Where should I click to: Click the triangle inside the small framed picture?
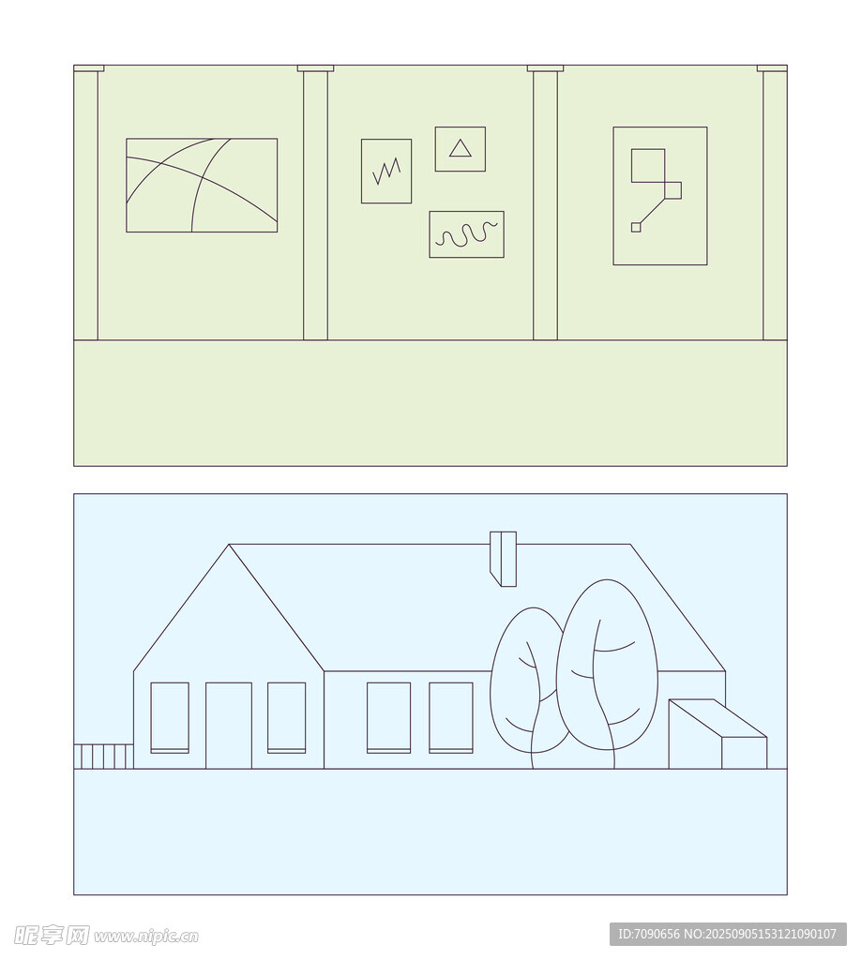461,149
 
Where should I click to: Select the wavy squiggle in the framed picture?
466,234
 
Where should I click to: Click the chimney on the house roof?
504,559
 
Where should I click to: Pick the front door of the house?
229,726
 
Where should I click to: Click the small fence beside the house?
103,757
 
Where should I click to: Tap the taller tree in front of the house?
606,673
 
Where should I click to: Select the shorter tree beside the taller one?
530,685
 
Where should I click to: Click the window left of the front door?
170,717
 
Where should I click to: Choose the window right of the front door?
287,717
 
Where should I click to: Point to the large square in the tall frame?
648,165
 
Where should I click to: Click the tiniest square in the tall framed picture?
636,227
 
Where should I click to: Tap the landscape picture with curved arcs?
202,185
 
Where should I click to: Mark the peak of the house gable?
229,545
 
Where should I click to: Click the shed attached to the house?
717,734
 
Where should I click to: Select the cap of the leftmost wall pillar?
88,67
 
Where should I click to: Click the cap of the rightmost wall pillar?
772,67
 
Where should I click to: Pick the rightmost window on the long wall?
451,717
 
